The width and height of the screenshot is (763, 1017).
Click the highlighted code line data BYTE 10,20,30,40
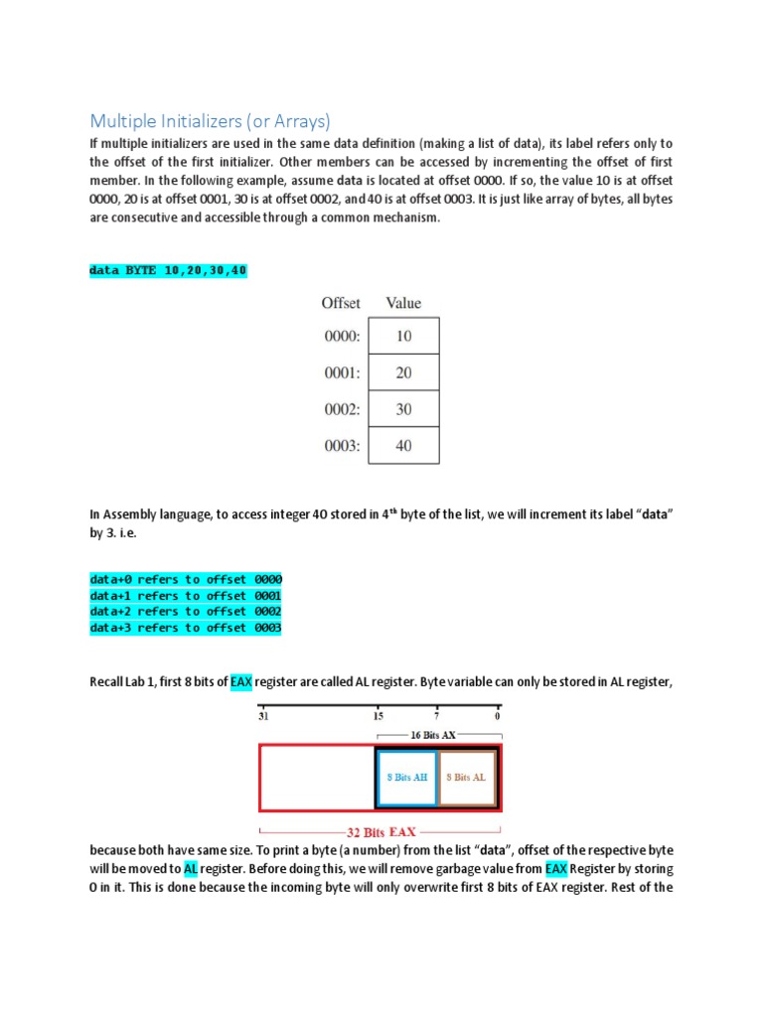[168, 270]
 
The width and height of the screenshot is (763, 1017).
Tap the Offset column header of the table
[341, 303]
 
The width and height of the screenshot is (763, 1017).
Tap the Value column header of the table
[403, 303]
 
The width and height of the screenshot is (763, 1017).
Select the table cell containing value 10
[403, 336]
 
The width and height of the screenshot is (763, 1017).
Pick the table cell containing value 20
[403, 372]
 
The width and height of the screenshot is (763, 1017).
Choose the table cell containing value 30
[403, 409]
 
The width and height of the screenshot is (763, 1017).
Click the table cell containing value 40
[403, 446]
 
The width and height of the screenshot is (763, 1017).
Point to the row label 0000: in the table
[341, 336]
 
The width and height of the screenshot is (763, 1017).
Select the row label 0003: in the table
[341, 446]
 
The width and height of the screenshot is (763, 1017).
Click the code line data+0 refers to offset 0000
[186, 579]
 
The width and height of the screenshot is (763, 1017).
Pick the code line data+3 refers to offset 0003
[186, 628]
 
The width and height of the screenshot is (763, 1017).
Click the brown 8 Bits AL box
[467, 777]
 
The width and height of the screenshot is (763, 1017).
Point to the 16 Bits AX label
[437, 735]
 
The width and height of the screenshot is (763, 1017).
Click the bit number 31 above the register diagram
[263, 715]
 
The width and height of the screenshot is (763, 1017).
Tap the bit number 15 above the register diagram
[379, 715]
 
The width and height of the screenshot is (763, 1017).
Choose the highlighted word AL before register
[191, 868]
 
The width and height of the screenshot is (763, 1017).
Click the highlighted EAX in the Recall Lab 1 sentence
[241, 682]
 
